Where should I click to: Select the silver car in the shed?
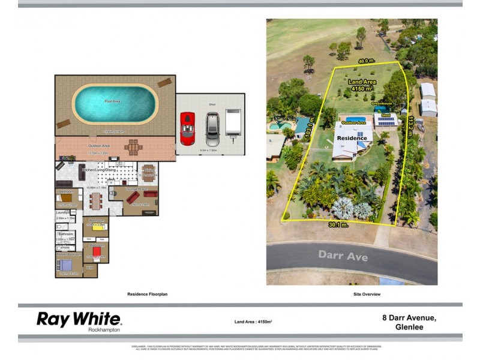[x=212, y=128]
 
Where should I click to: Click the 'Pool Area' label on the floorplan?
[x=113, y=101]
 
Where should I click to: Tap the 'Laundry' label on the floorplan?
[x=62, y=211]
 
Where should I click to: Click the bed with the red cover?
[x=97, y=253]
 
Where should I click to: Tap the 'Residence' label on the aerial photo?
[x=352, y=138]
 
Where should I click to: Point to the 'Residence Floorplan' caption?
[x=148, y=294]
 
